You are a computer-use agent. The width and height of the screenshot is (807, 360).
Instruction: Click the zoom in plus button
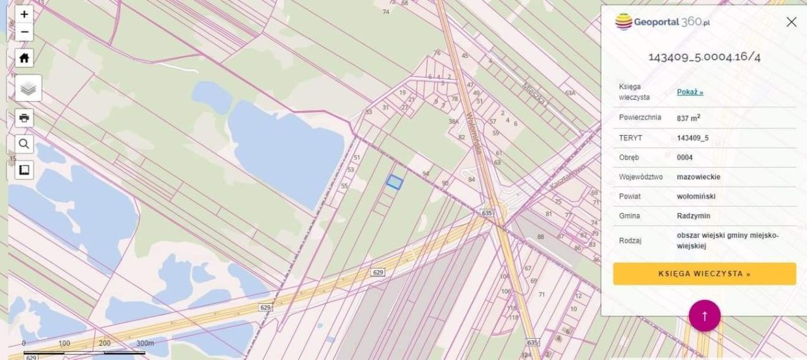[x=24, y=14]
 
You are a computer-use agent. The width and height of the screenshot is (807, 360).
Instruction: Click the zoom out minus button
[x=24, y=32]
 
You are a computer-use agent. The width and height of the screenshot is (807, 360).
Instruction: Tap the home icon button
[x=24, y=59]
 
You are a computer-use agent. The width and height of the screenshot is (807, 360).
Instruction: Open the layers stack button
[x=28, y=88]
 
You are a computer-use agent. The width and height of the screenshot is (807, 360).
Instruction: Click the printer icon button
[x=24, y=118]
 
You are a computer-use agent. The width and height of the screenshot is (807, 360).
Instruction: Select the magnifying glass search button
[x=24, y=144]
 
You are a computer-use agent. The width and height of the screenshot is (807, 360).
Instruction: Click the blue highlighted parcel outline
[x=394, y=182]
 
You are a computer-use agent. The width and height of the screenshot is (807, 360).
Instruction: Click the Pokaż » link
[x=690, y=92]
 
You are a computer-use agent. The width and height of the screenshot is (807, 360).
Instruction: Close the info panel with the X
[x=791, y=22]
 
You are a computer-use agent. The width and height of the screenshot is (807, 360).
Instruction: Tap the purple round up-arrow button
[x=704, y=315]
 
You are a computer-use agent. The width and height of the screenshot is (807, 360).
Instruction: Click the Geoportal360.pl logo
[x=663, y=22]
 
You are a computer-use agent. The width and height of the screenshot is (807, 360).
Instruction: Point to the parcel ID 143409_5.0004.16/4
[x=704, y=57]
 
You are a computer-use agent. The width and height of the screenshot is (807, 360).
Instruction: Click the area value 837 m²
[x=688, y=118]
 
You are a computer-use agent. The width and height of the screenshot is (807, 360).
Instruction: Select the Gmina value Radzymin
[x=694, y=216]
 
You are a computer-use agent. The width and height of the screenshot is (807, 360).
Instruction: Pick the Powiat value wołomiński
[x=696, y=196]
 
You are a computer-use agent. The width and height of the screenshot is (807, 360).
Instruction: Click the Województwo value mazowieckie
[x=699, y=177]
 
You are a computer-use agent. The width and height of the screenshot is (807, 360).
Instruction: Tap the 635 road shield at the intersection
[x=486, y=212]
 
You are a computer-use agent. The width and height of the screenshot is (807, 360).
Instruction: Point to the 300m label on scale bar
[x=145, y=343]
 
